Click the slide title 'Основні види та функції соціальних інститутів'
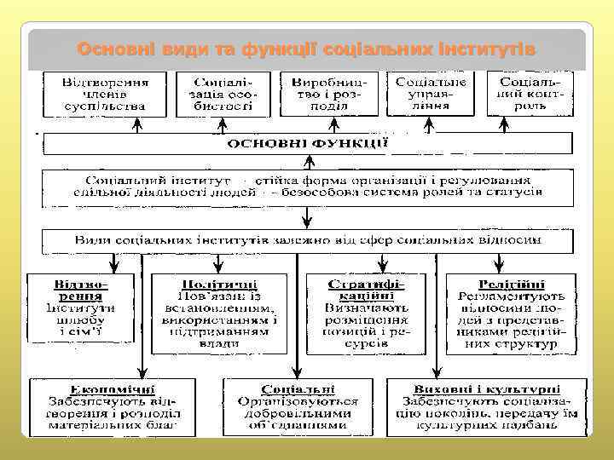tap(307, 49)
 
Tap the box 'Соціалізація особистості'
tap(223, 94)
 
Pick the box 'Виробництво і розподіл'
tap(327, 94)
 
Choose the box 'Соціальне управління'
tap(431, 94)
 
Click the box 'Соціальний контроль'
tap(530, 94)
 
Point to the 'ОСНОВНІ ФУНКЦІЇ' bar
tap(307, 144)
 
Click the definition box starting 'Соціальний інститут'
tap(307, 187)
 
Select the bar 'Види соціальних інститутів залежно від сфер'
tap(307, 240)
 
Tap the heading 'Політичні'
tap(221, 283)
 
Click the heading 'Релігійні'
tap(508, 283)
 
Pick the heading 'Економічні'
tap(111, 388)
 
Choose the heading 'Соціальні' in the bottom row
tap(298, 388)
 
